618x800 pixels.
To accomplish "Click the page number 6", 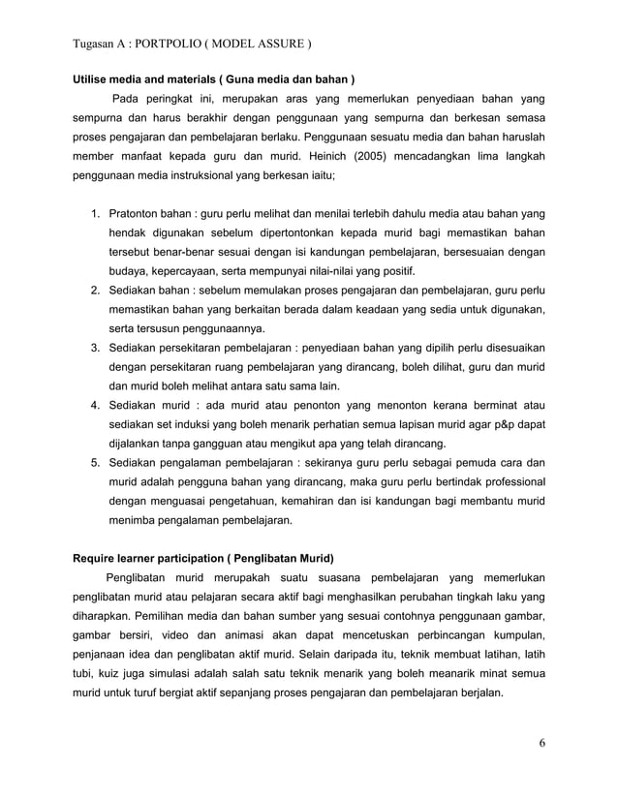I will tap(543, 744).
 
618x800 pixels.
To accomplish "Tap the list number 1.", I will tap(95, 212).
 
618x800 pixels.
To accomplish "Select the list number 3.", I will tap(95, 347).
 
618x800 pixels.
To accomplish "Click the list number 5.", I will tap(95, 462).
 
